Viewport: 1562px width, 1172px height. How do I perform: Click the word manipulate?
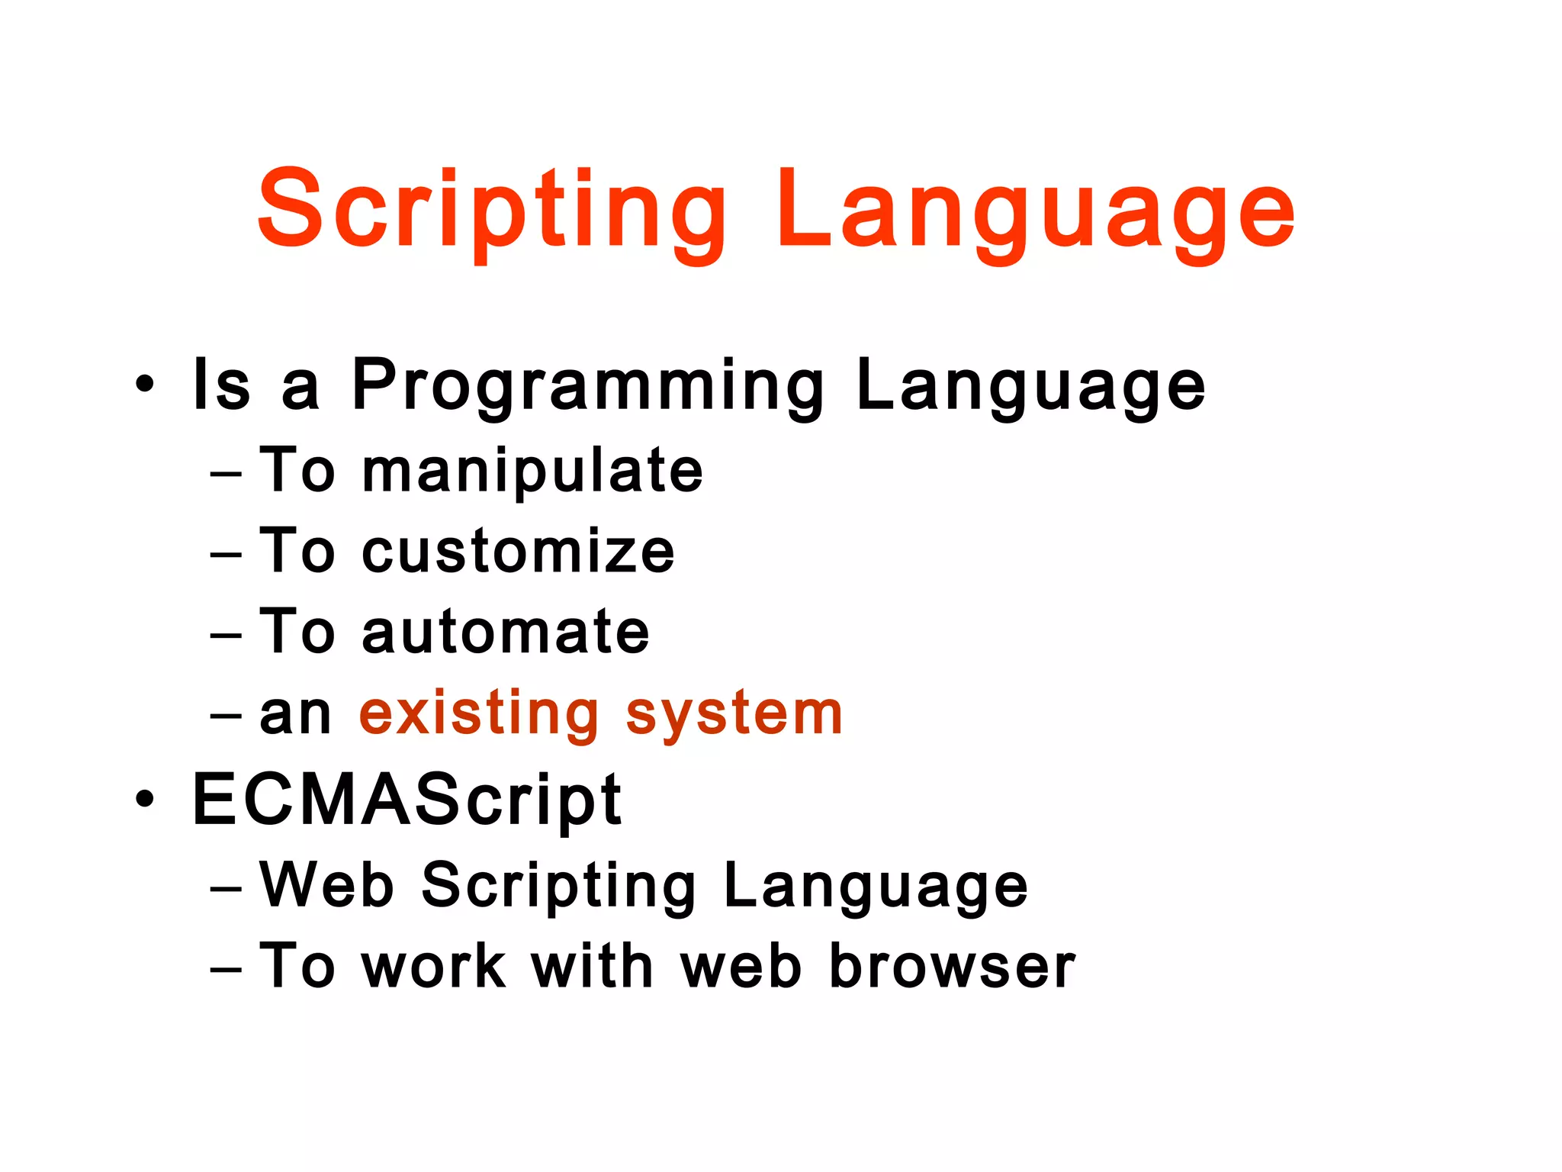point(532,471)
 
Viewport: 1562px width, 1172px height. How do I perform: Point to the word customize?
point(518,552)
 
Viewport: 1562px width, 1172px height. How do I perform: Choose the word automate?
point(505,632)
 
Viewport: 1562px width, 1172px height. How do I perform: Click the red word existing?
point(479,713)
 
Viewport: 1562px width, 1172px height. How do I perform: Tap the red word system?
point(734,713)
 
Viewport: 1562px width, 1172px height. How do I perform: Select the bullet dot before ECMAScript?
point(144,799)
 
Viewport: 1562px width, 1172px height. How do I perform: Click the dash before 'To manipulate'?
point(226,475)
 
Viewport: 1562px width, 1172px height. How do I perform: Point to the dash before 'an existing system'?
point(226,717)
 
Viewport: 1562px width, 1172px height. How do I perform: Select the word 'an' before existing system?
point(295,716)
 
